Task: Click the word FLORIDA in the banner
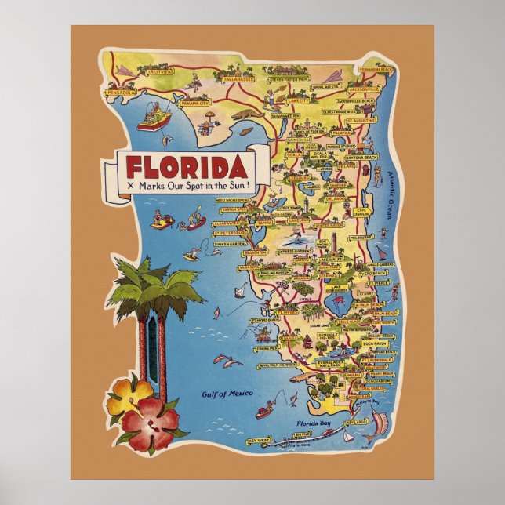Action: pyautogui.click(x=184, y=168)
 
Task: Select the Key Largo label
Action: pyautogui.click(x=358, y=422)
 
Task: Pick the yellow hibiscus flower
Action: pyautogui.click(x=130, y=395)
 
